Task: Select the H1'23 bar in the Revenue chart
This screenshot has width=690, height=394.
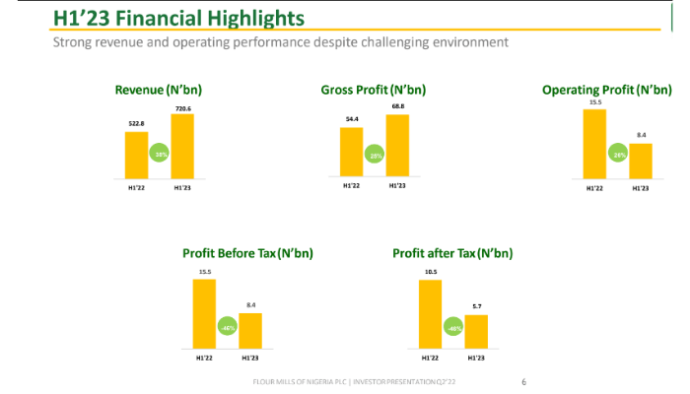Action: click(182, 146)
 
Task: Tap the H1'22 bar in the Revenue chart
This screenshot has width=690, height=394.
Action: click(136, 153)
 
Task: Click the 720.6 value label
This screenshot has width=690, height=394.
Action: click(182, 107)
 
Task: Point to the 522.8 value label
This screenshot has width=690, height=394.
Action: click(136, 123)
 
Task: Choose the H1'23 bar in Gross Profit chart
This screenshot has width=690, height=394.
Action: click(397, 145)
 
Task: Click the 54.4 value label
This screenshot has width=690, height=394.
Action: click(351, 119)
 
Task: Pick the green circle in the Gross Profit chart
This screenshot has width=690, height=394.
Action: click(375, 157)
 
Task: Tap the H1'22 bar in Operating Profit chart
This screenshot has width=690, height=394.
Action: click(595, 143)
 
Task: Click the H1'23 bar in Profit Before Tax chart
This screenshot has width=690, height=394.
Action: click(250, 329)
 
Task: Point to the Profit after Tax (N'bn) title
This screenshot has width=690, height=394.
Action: click(452, 253)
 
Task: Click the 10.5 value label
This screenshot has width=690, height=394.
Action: click(430, 272)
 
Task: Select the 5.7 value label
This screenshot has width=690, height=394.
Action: click(476, 305)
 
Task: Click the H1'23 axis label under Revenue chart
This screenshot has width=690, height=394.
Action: click(182, 187)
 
